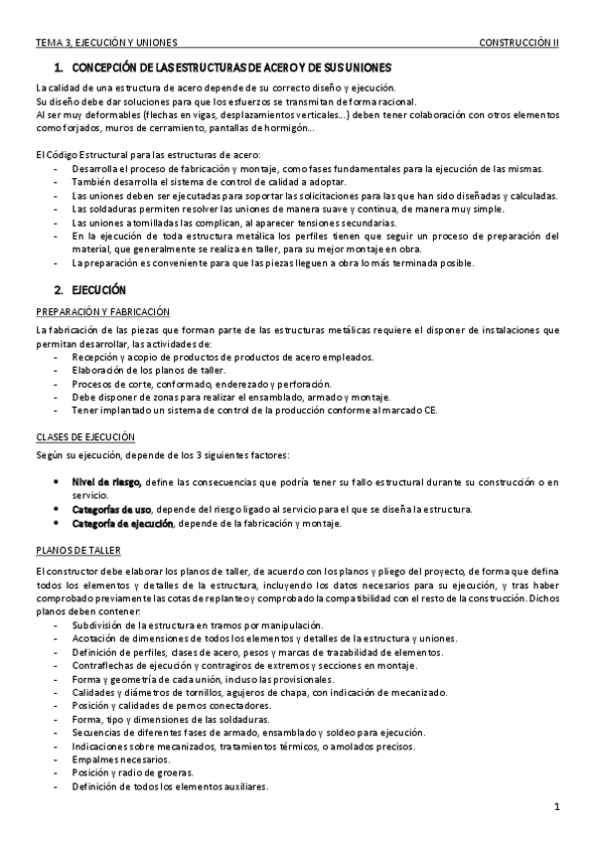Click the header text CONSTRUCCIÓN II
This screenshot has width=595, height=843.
click(519, 44)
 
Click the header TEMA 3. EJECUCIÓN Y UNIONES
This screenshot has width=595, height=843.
click(106, 44)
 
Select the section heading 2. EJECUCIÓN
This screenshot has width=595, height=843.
click(90, 289)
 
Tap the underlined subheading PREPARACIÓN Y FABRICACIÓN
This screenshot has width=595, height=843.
click(102, 312)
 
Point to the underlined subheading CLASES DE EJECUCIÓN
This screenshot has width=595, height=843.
click(84, 437)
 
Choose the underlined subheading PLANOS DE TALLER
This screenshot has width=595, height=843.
click(77, 549)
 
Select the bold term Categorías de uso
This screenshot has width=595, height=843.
click(111, 509)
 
